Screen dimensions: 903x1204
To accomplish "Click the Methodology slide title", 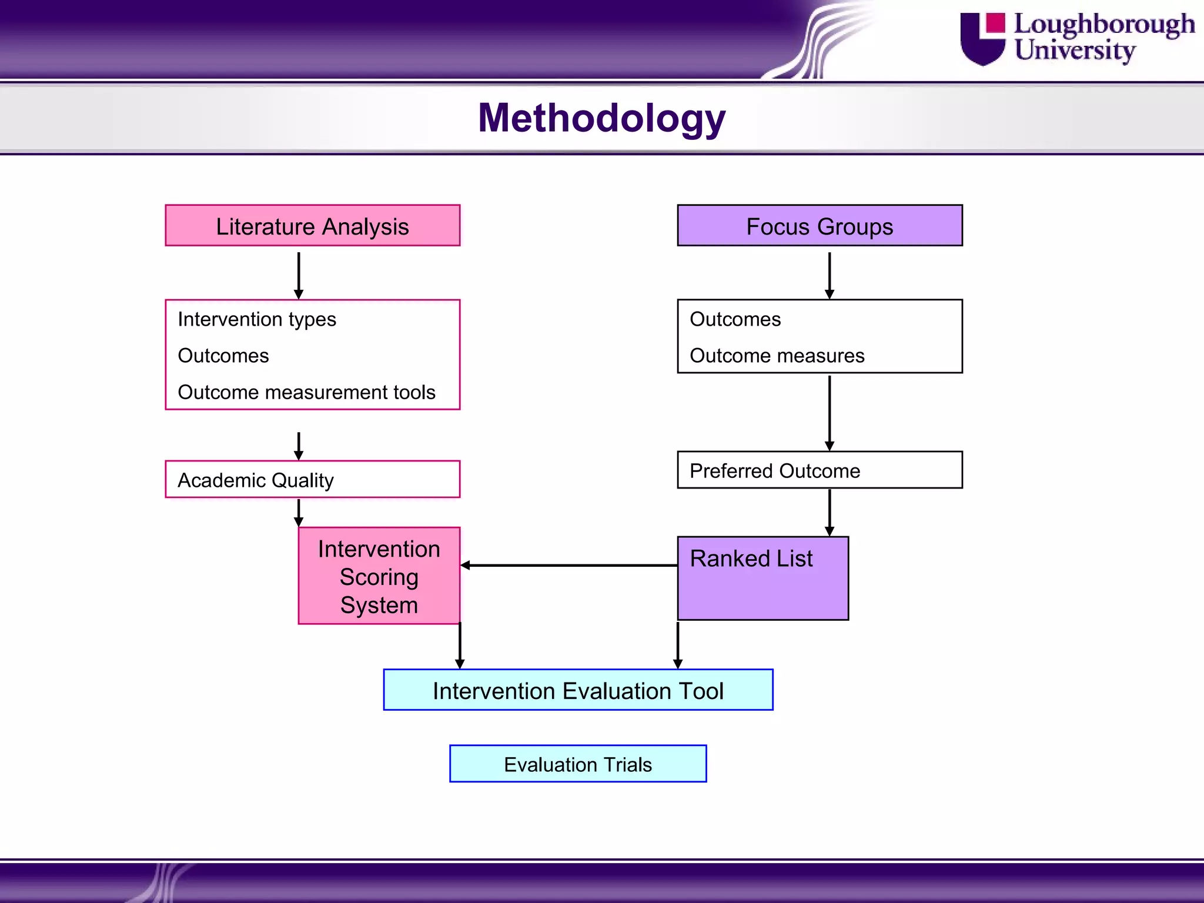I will pos(601,118).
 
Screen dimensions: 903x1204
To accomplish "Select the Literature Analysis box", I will pos(312,226).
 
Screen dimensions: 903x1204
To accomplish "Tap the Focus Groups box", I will pos(820,226).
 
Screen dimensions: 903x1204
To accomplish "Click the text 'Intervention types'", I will pos(257,319).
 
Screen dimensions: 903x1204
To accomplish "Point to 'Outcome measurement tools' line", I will pos(306,392).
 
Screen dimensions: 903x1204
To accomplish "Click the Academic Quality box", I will pos(312,480).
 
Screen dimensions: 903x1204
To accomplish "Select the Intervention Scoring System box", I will pos(379,576).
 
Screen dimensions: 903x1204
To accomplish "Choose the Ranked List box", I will pos(762,578).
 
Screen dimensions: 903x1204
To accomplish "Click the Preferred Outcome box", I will pos(820,470).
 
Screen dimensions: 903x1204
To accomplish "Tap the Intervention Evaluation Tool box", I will pos(578,690).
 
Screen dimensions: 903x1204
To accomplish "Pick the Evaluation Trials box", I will pos(578,764).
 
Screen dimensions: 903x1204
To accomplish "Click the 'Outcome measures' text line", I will pos(777,356).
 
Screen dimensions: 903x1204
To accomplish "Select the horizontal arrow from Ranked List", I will pos(569,566).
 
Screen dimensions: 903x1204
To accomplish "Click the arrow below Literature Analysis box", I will pos(299,275).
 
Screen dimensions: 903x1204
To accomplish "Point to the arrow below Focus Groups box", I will pos(830,275).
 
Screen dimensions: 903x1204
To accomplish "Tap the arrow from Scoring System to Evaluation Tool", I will pos(460,645).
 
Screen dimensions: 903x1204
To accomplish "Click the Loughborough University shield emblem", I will pos(982,39).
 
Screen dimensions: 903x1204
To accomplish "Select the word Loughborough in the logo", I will pos(1104,25).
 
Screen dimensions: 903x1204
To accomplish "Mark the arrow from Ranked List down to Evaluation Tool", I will pos(678,645).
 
